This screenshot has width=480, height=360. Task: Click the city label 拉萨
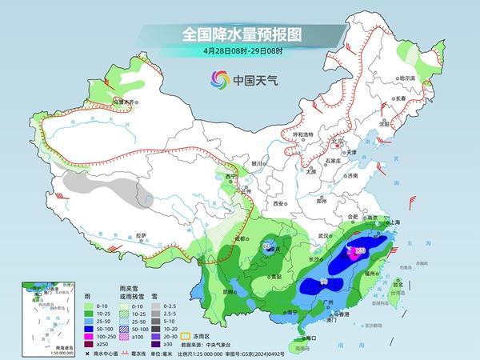click(x=141, y=235)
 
